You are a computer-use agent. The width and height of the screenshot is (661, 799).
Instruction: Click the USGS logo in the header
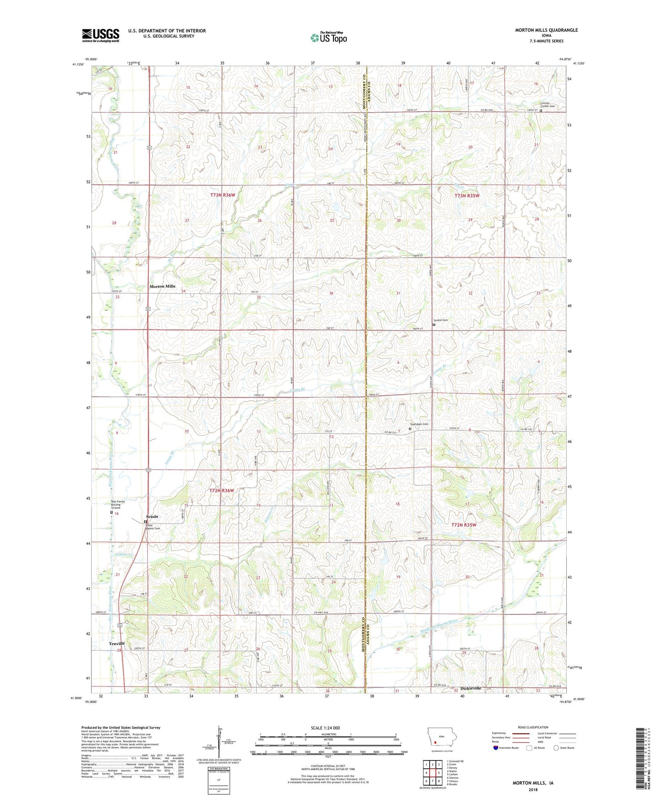pos(101,35)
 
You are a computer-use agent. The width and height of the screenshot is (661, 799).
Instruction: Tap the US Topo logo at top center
pos(328,38)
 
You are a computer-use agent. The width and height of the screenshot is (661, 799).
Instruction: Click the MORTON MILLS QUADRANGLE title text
pos(546,30)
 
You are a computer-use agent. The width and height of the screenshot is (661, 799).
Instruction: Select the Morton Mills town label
pos(162,286)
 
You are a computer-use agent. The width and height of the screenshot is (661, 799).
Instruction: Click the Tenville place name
pos(117,643)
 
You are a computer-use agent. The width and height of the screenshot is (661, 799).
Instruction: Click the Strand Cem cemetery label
pos(441,320)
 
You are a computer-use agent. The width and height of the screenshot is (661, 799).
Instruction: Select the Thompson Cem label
pos(419,424)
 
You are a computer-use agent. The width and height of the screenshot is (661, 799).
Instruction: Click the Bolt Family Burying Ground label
pos(118,504)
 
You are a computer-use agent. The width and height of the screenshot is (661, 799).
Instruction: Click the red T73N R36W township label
pos(223,195)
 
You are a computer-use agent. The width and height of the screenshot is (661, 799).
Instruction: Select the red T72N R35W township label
pos(464,525)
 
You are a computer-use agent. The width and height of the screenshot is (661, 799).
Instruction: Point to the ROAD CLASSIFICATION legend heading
pos(533,727)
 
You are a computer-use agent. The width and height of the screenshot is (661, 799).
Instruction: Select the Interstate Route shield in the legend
pos(496,748)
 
